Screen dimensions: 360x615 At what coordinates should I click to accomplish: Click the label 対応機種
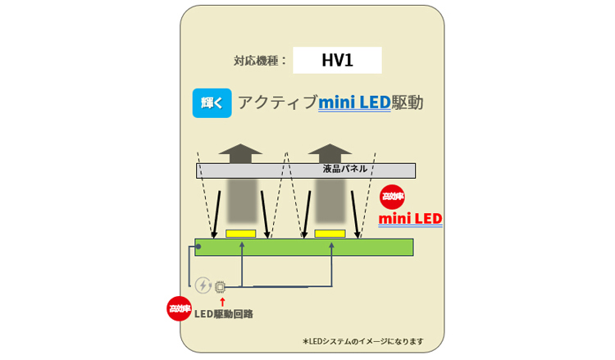[x=260, y=61]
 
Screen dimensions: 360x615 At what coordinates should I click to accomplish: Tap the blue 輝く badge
[x=212, y=103]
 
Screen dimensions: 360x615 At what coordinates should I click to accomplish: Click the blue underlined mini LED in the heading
[x=354, y=103]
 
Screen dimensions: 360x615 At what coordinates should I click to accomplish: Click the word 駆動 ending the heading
[x=408, y=103]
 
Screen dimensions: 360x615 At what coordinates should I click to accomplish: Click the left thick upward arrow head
[x=240, y=153]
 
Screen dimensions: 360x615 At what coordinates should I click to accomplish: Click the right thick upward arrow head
[x=330, y=153]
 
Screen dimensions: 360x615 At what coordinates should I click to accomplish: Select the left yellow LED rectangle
[x=240, y=234]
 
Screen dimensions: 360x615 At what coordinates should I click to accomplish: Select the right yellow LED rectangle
[x=330, y=234]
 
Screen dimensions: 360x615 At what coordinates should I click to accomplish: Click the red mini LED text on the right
[x=410, y=219]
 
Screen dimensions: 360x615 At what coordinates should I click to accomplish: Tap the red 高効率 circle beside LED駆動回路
[x=179, y=308]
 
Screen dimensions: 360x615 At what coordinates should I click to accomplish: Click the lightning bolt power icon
[x=202, y=285]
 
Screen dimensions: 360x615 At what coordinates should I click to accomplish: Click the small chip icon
[x=220, y=286]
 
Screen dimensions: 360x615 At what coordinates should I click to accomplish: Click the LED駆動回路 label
[x=224, y=313]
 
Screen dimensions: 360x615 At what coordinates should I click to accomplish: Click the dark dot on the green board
[x=198, y=246]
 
